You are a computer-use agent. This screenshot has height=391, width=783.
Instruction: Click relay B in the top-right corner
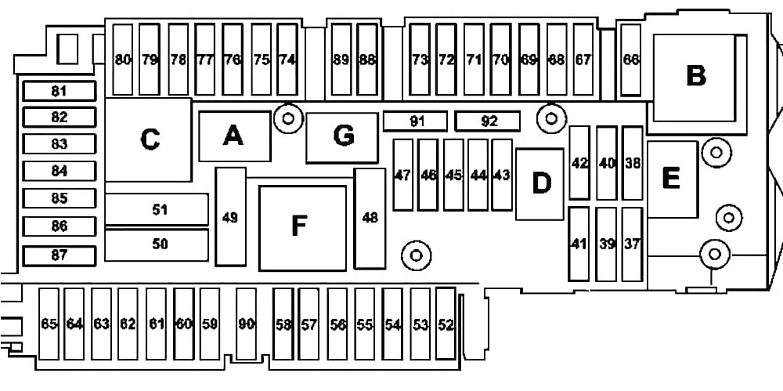click(695, 77)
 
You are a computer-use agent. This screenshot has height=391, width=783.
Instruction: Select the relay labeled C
click(148, 139)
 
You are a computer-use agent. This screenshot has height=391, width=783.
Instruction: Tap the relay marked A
click(233, 136)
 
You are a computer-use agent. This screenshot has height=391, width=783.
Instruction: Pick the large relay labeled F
click(301, 226)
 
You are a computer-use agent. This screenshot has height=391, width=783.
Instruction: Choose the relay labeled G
click(343, 136)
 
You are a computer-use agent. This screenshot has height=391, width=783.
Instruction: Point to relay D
click(540, 183)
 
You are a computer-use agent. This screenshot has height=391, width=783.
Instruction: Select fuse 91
click(416, 121)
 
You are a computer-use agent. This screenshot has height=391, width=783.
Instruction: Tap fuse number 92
click(489, 121)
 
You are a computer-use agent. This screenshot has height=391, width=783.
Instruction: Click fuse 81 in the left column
click(60, 91)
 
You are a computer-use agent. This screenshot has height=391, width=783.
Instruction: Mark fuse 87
click(60, 255)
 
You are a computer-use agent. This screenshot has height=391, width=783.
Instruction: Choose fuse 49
click(230, 217)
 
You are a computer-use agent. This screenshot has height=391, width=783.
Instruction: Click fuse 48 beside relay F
click(370, 217)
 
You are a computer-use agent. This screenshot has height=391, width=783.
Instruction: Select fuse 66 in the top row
click(631, 60)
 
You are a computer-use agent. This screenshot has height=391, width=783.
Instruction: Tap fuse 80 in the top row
click(123, 60)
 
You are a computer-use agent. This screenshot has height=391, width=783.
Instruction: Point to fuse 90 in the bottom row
click(247, 324)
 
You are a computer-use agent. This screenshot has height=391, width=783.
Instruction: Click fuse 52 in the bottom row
click(446, 324)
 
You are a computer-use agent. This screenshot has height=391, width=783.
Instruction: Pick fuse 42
click(579, 163)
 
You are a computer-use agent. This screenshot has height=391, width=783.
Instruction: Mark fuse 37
click(632, 244)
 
